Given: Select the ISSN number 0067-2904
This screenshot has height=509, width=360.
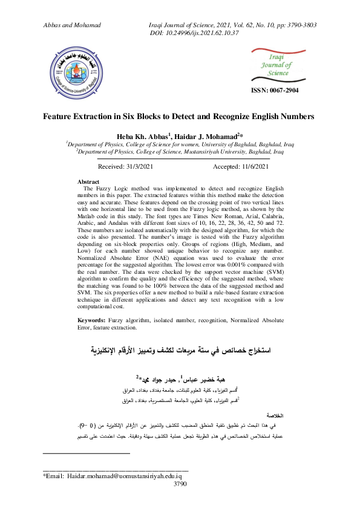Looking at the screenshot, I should [x=274, y=90].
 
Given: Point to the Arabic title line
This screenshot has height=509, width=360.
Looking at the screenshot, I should [x=180, y=350].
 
